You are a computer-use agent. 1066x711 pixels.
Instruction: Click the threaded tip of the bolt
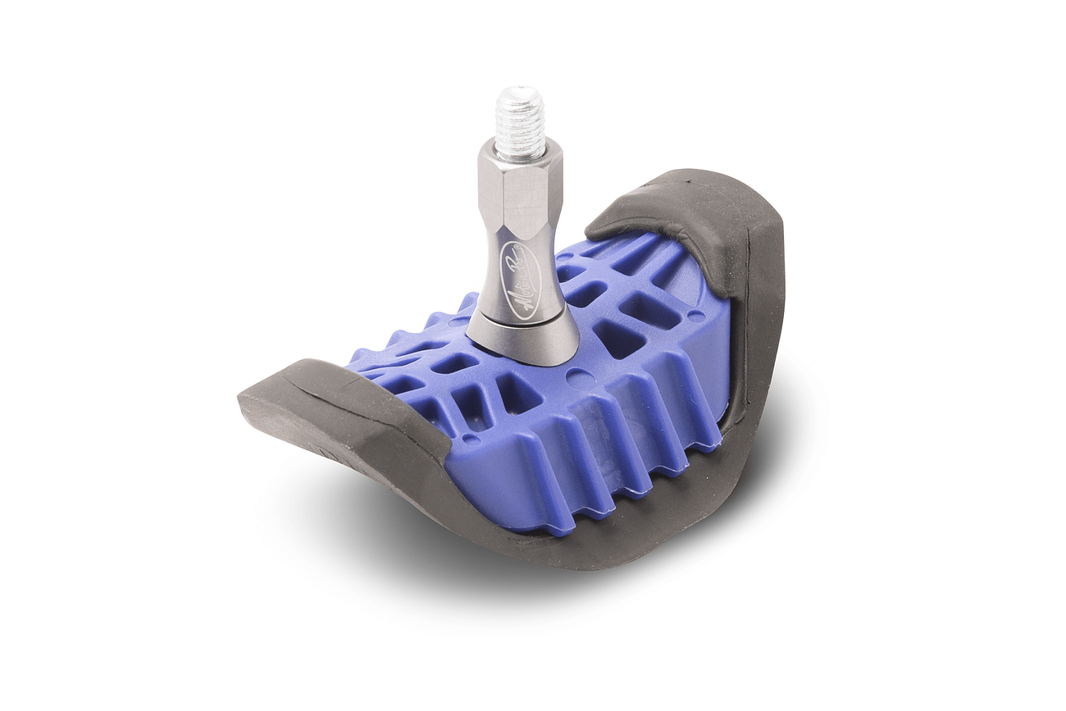pyautogui.click(x=519, y=121)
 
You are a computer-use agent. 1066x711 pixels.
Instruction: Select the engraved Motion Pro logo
pyautogui.click(x=522, y=279)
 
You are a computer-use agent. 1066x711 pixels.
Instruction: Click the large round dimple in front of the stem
pyautogui.click(x=580, y=378)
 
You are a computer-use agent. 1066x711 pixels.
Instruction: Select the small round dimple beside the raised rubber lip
pyautogui.click(x=695, y=315)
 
